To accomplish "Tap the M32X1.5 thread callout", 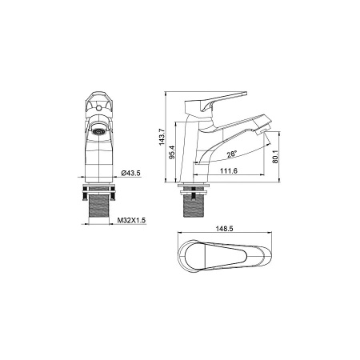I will tap(130, 220).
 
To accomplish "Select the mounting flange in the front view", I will tap(98, 188).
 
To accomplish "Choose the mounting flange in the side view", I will tap(194, 189).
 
